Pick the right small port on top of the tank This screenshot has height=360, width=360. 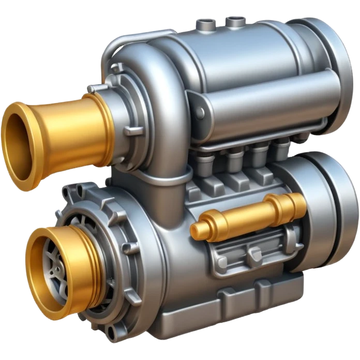click(x=234, y=21)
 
